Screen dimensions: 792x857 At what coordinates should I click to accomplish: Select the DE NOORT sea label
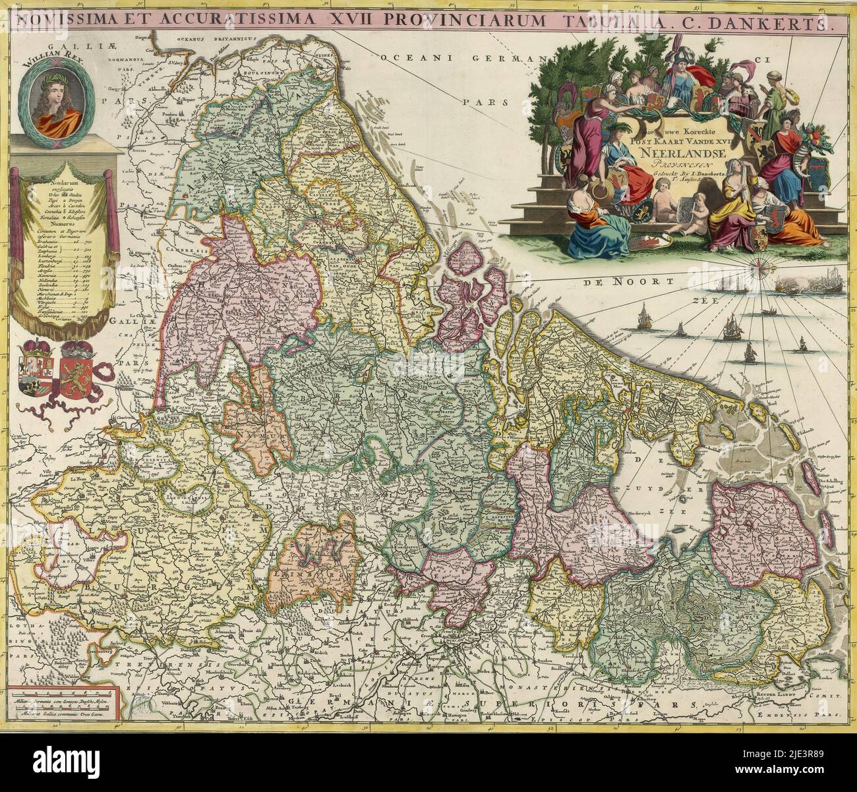pyautogui.click(x=612, y=283)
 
